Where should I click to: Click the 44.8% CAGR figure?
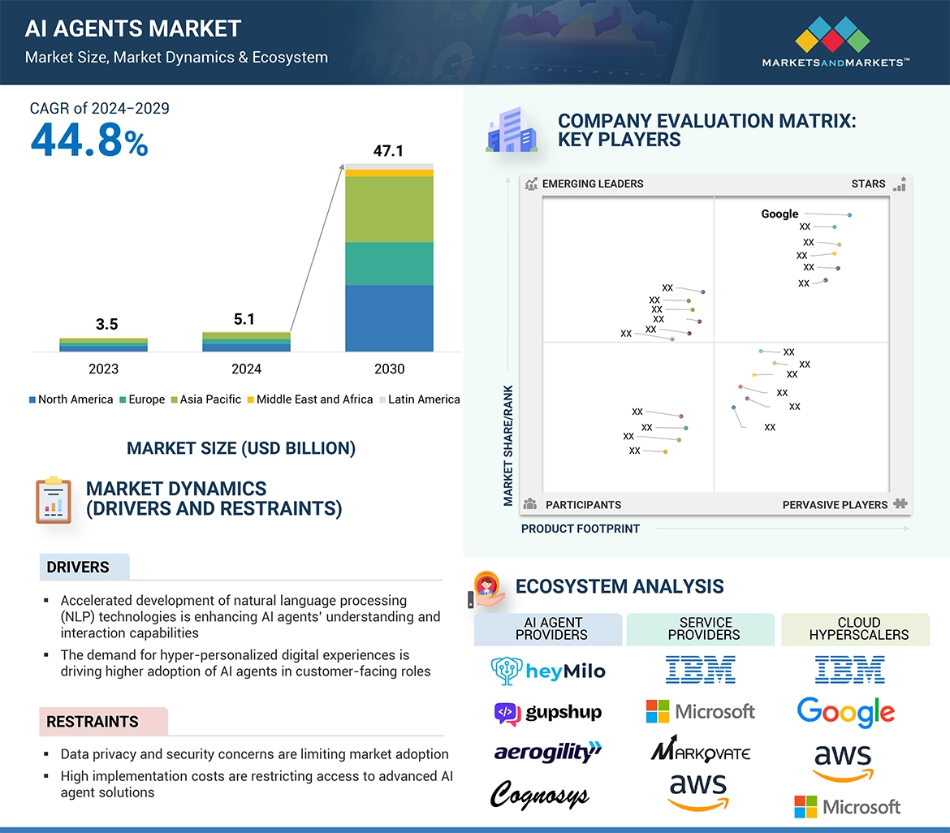(x=89, y=140)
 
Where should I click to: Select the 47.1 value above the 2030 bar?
(x=388, y=151)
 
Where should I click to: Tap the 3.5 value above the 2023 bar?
(x=106, y=325)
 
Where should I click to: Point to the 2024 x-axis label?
(x=246, y=369)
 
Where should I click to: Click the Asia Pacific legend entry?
(x=210, y=399)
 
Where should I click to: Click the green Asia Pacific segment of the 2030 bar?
(x=389, y=209)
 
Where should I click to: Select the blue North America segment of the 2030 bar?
(x=389, y=317)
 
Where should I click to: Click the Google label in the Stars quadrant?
(x=779, y=214)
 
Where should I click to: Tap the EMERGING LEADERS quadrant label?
(x=592, y=183)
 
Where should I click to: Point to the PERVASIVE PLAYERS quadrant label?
(x=835, y=505)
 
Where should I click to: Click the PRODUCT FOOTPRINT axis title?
(x=581, y=529)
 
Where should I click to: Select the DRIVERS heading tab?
(x=78, y=568)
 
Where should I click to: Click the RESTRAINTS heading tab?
(x=93, y=722)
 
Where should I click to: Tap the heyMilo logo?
(x=548, y=671)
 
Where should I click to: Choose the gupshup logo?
(x=548, y=713)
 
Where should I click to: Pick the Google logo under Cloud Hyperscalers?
(x=846, y=712)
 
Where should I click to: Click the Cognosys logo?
(x=539, y=795)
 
